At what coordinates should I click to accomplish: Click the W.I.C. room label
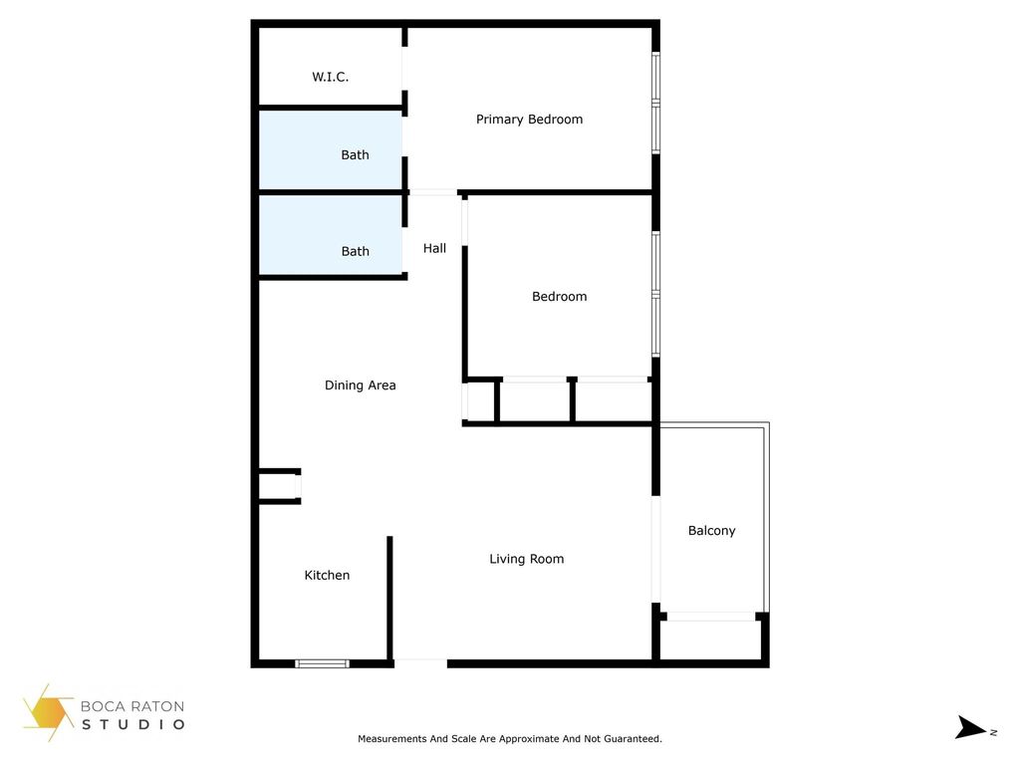(x=330, y=77)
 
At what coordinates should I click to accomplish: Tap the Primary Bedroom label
(x=529, y=120)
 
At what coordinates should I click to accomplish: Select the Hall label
(x=434, y=248)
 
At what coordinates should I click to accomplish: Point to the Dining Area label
(x=360, y=385)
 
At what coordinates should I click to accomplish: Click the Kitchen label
(x=327, y=575)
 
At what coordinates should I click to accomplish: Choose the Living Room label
(x=526, y=559)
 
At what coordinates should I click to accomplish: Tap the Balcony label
(x=711, y=531)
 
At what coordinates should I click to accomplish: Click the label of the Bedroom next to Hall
(x=559, y=296)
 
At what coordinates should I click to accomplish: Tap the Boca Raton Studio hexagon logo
(x=48, y=711)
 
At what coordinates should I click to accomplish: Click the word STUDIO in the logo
(x=133, y=724)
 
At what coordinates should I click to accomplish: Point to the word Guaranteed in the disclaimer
(x=631, y=739)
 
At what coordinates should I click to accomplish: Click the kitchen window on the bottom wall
(x=323, y=662)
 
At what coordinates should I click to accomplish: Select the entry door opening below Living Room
(x=420, y=660)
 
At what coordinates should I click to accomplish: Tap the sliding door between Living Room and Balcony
(x=655, y=550)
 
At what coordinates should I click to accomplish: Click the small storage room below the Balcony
(x=710, y=638)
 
